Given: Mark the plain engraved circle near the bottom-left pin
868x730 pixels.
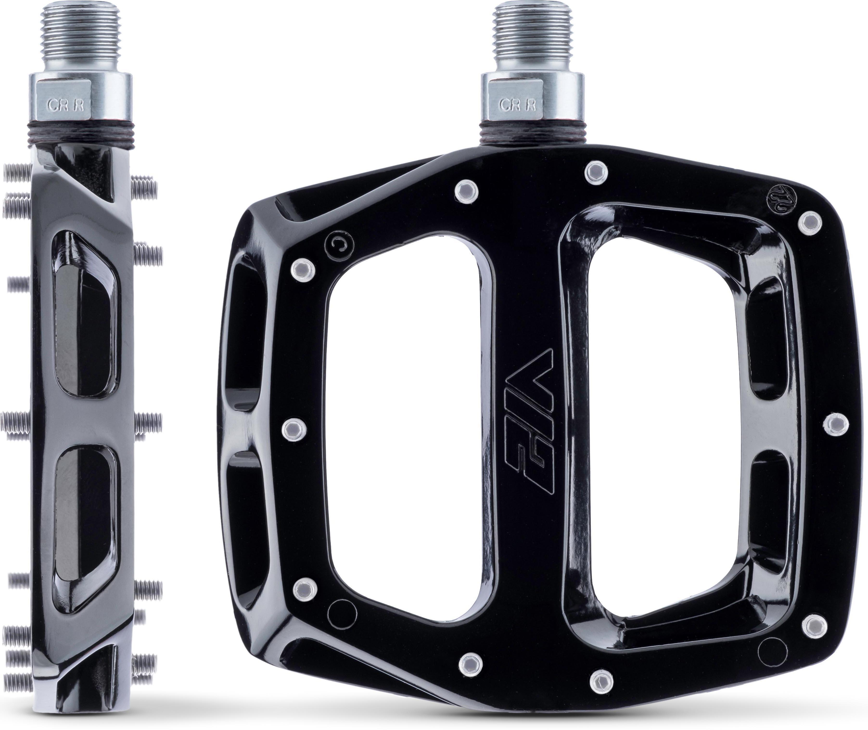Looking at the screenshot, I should coord(342,612).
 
